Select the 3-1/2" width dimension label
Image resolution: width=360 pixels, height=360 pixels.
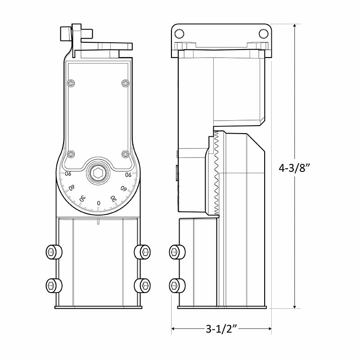[221, 329]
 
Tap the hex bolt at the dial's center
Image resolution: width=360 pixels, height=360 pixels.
[99, 173]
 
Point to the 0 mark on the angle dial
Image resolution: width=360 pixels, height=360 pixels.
[99, 203]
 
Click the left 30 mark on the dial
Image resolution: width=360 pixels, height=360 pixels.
[82, 198]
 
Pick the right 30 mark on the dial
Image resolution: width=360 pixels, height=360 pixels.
[114, 198]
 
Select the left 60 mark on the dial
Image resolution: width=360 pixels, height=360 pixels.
[72, 188]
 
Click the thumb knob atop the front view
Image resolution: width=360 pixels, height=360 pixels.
[65, 33]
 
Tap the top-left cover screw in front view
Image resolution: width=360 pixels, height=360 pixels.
[70, 83]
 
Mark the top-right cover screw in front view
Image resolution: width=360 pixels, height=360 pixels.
[126, 83]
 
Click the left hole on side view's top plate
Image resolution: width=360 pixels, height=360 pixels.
[180, 33]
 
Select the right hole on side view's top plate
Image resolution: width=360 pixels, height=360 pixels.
[263, 33]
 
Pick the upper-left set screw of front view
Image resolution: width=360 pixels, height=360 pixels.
[54, 252]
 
